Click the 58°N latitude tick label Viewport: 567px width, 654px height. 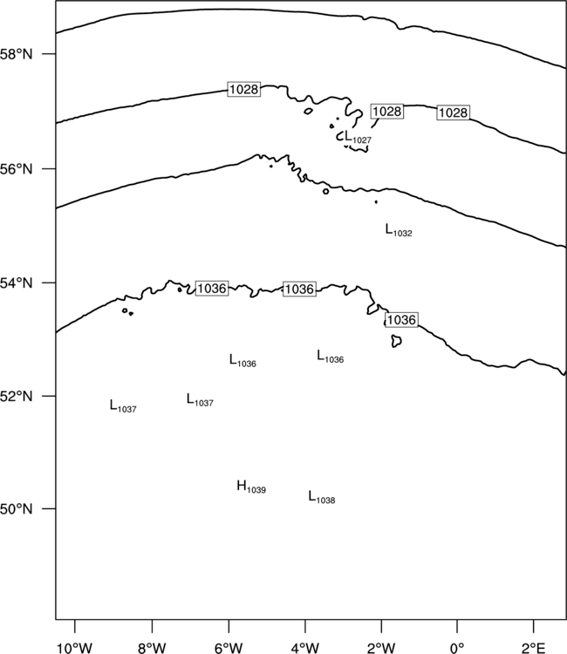[x=16, y=54]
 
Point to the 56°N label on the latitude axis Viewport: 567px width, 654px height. [x=16, y=169]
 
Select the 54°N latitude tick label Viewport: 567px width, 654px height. [x=16, y=283]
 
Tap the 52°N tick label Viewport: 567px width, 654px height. [x=16, y=396]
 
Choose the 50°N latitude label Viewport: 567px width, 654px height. [x=16, y=509]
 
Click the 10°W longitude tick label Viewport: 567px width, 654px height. [x=74, y=648]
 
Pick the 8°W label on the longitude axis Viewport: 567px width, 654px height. [x=152, y=648]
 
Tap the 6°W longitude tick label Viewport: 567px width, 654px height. [x=229, y=648]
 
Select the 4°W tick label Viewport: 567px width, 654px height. [x=305, y=648]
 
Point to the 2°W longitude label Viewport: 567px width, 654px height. [x=381, y=648]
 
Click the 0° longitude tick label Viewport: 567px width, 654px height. [x=457, y=648]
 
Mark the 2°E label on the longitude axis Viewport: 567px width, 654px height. [x=533, y=648]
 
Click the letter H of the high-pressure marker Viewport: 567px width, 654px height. [x=241, y=485]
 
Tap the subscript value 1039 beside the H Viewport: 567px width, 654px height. [x=256, y=490]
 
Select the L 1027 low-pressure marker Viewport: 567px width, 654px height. [x=358, y=137]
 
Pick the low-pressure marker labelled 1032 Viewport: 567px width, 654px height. [x=399, y=230]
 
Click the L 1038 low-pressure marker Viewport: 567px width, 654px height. [x=322, y=497]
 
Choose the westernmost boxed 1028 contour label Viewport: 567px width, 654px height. [x=244, y=89]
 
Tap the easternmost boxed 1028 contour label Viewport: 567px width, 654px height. [x=453, y=112]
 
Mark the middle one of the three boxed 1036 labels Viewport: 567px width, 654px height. [x=299, y=289]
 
